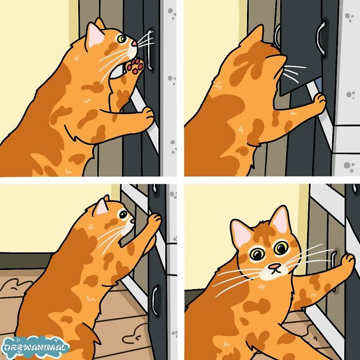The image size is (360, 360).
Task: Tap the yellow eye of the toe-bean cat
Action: pos(122,39)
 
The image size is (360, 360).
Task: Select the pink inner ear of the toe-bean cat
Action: pos(95,36)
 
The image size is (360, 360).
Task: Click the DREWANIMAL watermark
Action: pos(35,348)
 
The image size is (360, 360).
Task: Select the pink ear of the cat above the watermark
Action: pos(101,207)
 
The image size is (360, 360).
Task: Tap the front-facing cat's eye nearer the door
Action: pos(280,249)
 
